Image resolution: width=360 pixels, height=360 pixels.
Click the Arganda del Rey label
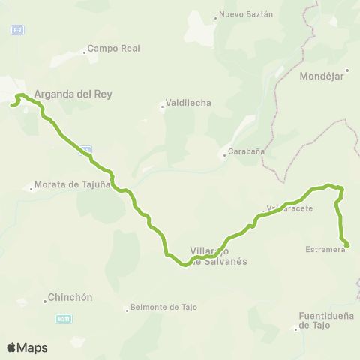tap(73, 94)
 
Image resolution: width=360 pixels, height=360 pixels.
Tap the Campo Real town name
tap(113, 49)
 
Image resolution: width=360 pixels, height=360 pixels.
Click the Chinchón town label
tap(70, 297)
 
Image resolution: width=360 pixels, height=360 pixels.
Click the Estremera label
tap(325, 250)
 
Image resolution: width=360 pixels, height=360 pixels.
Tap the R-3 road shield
tap(16, 29)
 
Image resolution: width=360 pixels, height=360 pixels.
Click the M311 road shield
tap(65, 319)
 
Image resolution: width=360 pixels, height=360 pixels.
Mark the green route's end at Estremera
tap(346, 244)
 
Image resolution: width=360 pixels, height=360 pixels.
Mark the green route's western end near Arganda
tap(12, 106)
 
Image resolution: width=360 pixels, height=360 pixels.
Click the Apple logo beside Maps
tap(12, 347)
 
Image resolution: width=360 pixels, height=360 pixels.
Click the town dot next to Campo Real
tap(83, 52)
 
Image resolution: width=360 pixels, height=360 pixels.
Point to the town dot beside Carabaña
tap(224, 156)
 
